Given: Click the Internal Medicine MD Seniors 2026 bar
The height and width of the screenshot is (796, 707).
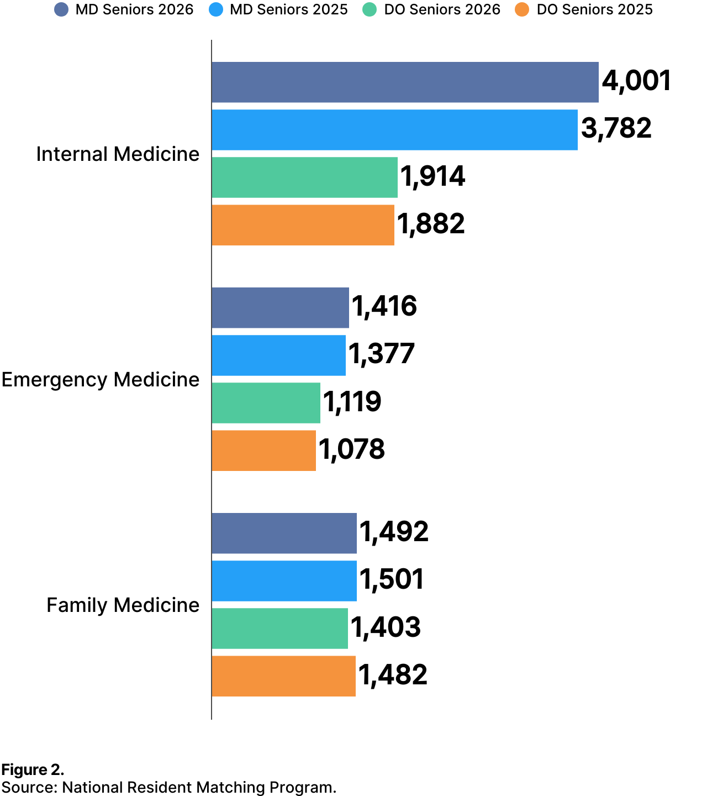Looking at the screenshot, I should [x=405, y=82].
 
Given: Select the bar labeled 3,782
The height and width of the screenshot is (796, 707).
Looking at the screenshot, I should [x=394, y=130].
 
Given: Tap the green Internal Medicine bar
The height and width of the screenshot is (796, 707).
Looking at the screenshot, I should [x=304, y=177].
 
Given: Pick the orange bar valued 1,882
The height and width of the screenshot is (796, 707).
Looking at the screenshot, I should [x=303, y=225].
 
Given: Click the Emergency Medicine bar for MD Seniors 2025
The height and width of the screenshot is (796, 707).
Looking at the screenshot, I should [x=278, y=355].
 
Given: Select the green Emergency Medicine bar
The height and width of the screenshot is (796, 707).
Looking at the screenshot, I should [x=266, y=403].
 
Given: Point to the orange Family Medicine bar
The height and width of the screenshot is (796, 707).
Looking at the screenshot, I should [x=283, y=676].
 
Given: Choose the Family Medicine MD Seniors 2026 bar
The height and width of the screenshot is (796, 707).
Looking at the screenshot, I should [x=284, y=533].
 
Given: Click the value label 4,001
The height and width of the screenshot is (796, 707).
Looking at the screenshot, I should [x=636, y=81].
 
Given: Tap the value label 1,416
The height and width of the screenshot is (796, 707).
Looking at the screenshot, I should [x=384, y=307].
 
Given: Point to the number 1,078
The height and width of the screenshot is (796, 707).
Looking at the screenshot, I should [x=352, y=449].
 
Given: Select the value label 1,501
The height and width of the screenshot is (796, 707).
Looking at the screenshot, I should [x=392, y=580].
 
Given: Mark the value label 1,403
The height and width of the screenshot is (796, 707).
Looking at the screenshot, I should [x=386, y=627].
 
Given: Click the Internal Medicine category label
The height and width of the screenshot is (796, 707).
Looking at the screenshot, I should [x=118, y=154].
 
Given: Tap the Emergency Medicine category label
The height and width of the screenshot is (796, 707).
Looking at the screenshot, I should [x=100, y=380].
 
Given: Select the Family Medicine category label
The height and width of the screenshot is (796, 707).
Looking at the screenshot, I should [x=123, y=605].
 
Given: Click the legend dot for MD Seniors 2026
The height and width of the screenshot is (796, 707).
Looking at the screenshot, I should [x=61, y=10].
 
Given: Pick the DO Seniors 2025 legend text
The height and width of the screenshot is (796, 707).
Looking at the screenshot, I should [x=594, y=10].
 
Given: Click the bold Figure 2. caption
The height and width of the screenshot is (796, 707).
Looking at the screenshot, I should [x=33, y=770].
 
